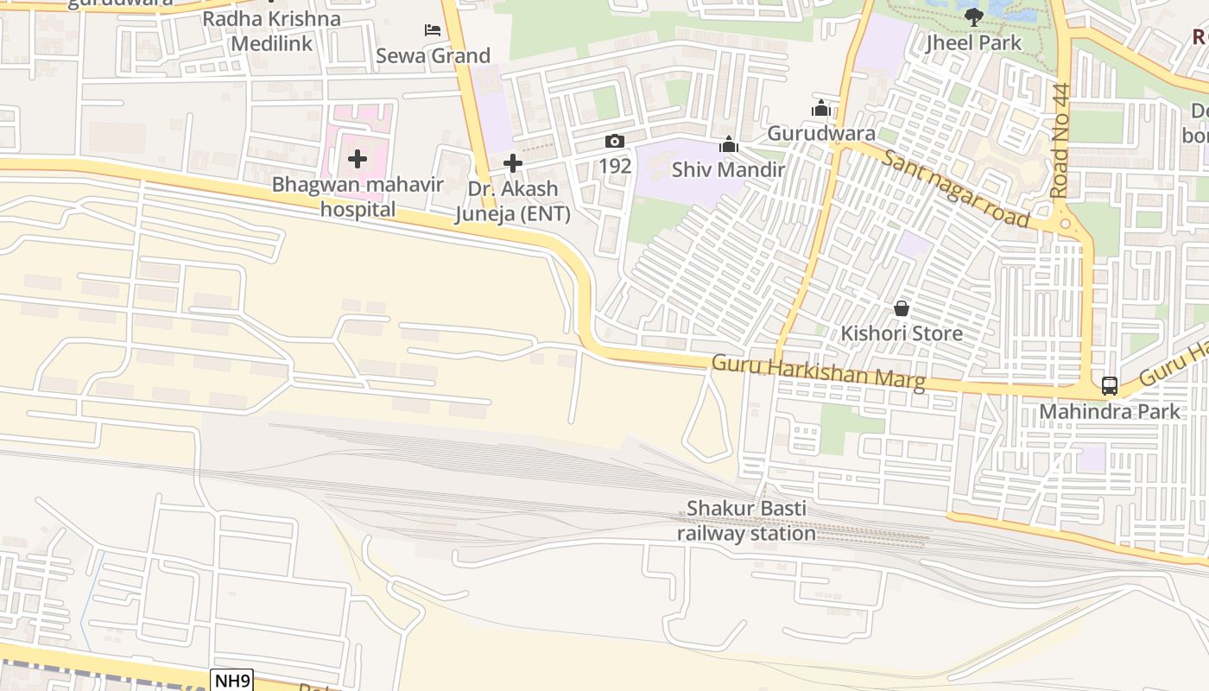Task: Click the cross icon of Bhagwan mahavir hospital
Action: [x=358, y=159]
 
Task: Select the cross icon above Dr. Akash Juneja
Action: [x=513, y=162]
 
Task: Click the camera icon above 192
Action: [x=614, y=142]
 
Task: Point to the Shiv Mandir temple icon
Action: [x=729, y=145]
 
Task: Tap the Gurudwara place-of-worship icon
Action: [x=821, y=109]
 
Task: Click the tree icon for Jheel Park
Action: [x=974, y=16]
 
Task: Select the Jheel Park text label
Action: [x=974, y=42]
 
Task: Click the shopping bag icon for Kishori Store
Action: [x=902, y=308]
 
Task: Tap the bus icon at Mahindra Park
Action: [x=1110, y=386]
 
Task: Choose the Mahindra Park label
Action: [x=1109, y=411]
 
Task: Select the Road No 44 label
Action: [x=1061, y=141]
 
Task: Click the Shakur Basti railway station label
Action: [x=746, y=521]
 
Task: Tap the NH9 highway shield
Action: [x=231, y=681]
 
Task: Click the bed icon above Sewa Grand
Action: [x=433, y=30]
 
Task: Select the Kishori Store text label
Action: [x=902, y=333]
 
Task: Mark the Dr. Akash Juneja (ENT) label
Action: [x=513, y=201]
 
